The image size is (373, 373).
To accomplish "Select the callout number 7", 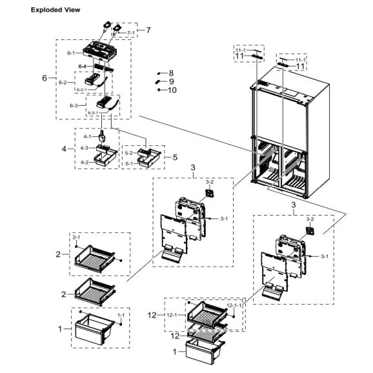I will pyautogui.click(x=148, y=30).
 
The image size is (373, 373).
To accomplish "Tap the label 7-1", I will pyautogui.click(x=130, y=32).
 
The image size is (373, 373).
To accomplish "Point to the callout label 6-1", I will pyautogui.click(x=70, y=54).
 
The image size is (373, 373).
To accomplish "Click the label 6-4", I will pyautogui.click(x=83, y=66).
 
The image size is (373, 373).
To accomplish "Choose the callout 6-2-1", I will pyautogui.click(x=82, y=90).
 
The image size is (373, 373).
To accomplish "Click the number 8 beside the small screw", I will pyautogui.click(x=171, y=74).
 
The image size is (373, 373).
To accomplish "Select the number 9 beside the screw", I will pyautogui.click(x=171, y=82).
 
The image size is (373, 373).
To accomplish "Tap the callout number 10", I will pyautogui.click(x=172, y=90).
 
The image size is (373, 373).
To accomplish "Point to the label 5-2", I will pyautogui.click(x=128, y=154).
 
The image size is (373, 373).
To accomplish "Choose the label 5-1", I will pyautogui.click(x=128, y=163).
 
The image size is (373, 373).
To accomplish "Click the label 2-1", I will pyautogui.click(x=76, y=237).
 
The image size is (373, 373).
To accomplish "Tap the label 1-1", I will pyautogui.click(x=120, y=314).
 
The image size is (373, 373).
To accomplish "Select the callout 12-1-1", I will pyautogui.click(x=234, y=305).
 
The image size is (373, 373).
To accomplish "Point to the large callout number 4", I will pyautogui.click(x=65, y=149).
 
